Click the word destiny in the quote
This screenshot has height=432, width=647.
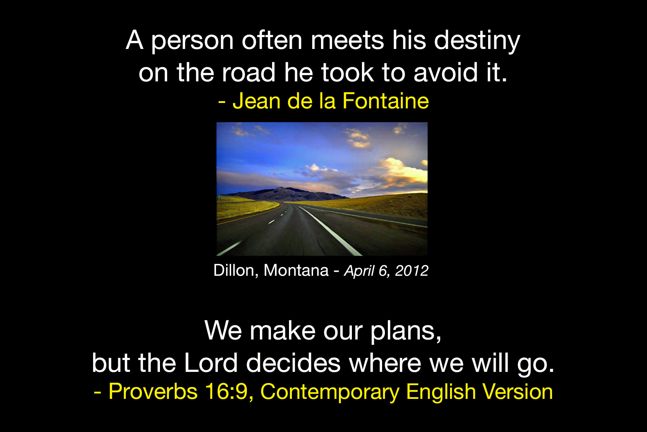[477, 41]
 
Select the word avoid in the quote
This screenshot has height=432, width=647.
[446, 72]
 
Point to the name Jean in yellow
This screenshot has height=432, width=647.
[256, 101]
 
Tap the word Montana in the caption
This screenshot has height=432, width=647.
[296, 270]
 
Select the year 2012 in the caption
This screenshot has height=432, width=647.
[412, 271]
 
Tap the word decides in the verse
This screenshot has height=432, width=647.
[293, 362]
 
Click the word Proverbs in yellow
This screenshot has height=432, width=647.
[153, 391]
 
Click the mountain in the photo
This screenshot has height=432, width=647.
[284, 194]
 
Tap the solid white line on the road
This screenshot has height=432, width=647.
[329, 230]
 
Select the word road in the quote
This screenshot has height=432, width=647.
[248, 72]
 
